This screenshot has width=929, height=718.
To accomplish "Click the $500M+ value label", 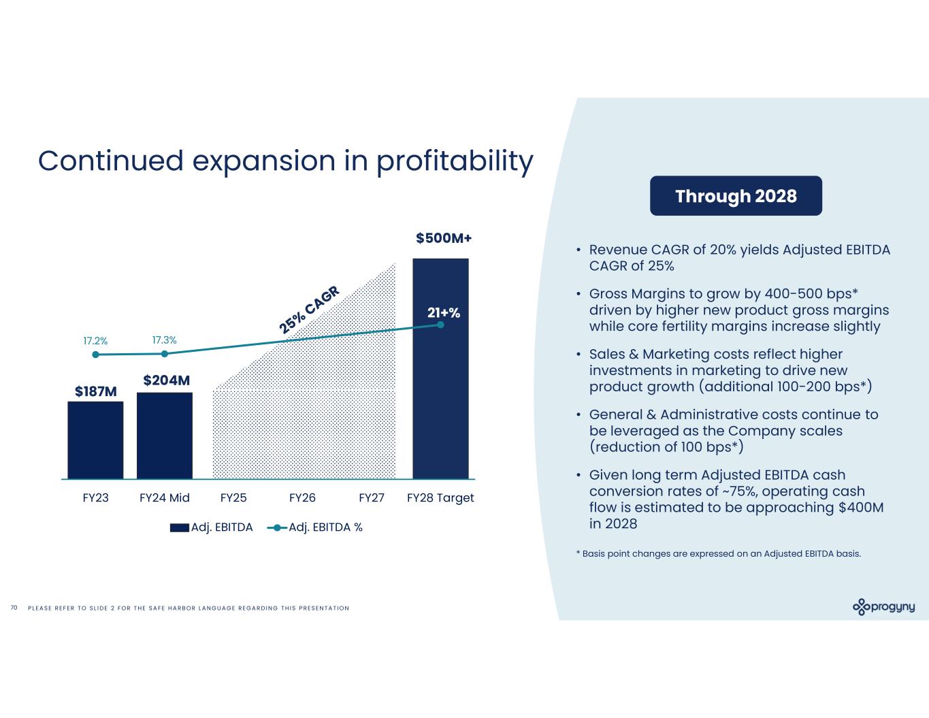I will click(444, 238).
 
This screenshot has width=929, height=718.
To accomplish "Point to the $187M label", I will click(96, 391).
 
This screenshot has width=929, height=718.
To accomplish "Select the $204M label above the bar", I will click(166, 380).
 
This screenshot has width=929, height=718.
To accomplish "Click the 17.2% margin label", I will click(95, 340).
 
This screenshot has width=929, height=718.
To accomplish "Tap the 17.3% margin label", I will click(164, 340).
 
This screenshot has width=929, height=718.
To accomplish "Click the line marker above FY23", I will click(95, 355).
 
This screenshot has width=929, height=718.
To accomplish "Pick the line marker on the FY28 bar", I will click(440, 325).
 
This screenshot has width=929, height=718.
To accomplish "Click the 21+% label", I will click(444, 313).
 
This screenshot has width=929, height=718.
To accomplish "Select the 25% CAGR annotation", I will click(310, 310).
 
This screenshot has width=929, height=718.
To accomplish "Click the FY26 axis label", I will click(302, 498).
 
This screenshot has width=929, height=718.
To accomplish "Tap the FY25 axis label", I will click(233, 498).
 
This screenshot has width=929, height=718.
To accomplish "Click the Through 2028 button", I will click(736, 196).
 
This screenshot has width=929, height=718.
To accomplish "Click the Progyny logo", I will click(883, 607).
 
